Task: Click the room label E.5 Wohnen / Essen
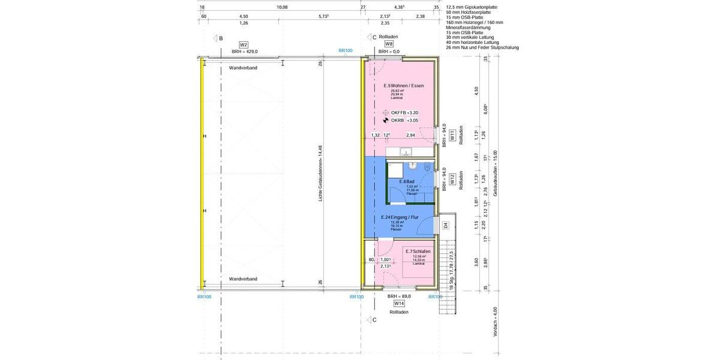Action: point(404,86)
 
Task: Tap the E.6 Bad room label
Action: point(407,181)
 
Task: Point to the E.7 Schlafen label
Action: point(418,251)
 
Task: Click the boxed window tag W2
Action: point(244,44)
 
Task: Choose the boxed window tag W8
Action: point(389,44)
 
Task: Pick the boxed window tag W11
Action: point(452,137)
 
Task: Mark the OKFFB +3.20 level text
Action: point(404,113)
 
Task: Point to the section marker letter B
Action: point(221,38)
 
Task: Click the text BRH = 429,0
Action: point(244,52)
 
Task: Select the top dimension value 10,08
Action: point(282,7)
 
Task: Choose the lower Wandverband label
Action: point(243,279)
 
